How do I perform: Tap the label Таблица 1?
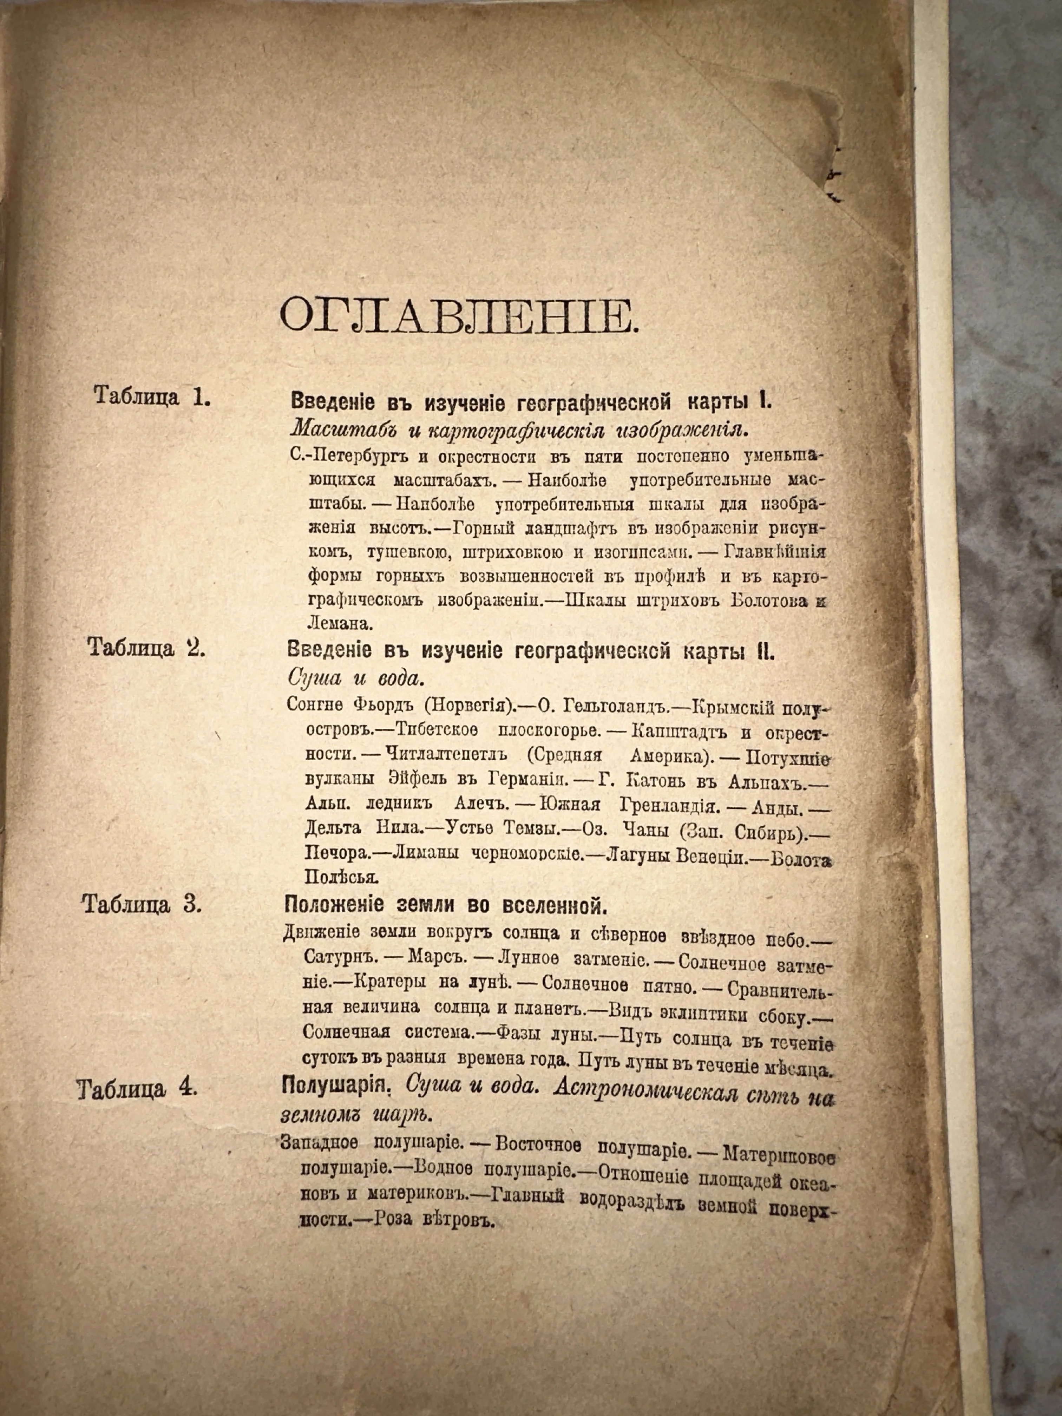click(152, 395)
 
